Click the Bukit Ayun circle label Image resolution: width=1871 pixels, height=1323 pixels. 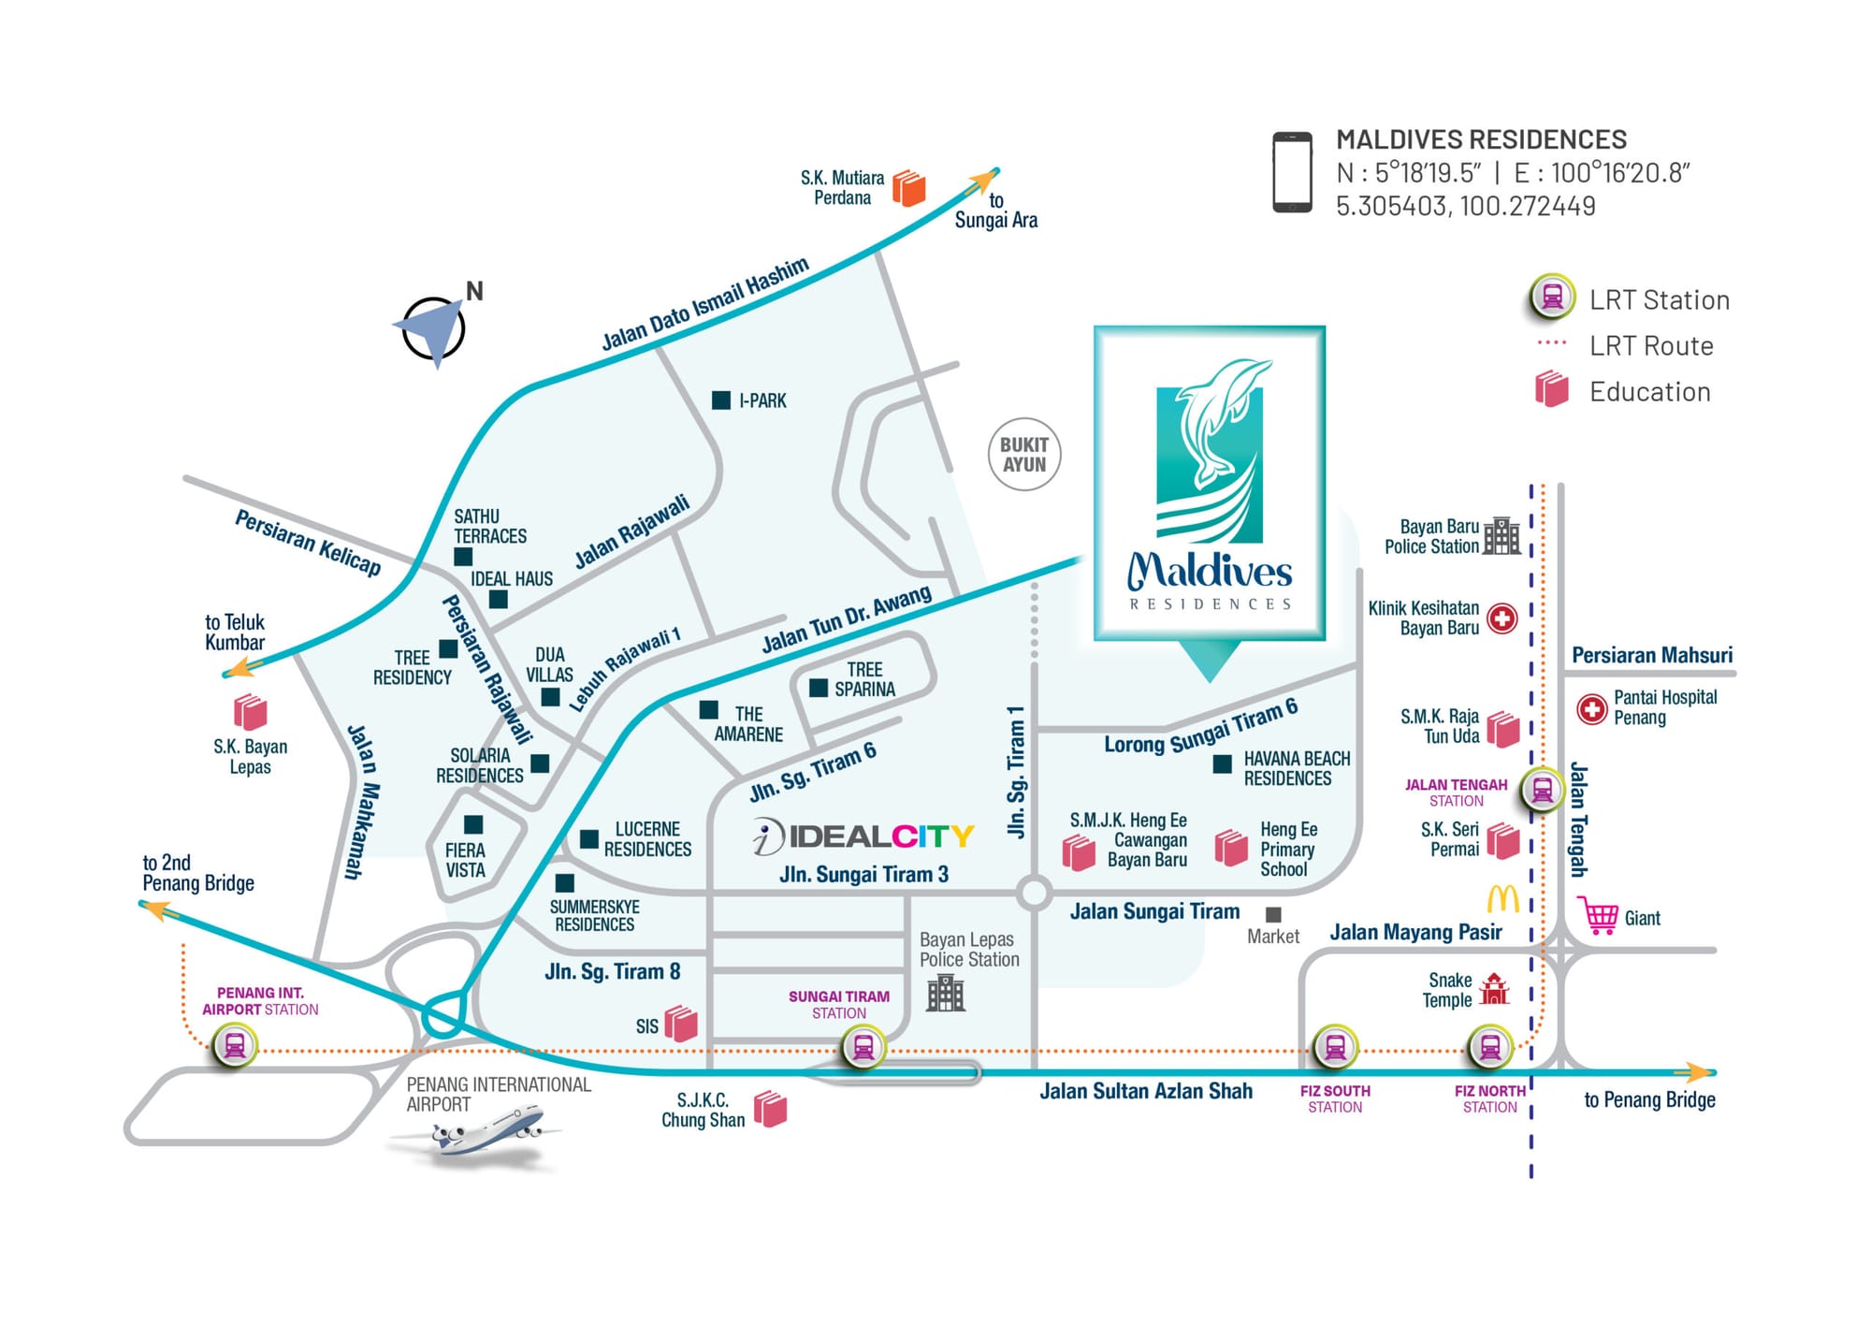pos(1024,455)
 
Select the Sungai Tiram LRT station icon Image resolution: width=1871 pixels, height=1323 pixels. pos(863,1047)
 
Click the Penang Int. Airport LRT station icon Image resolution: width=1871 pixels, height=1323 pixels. pos(235,1045)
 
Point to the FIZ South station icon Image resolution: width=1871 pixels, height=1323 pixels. pos(1335,1047)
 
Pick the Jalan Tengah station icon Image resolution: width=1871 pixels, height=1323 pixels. pos(1543,790)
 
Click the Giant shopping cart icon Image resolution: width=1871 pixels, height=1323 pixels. pos(1598,915)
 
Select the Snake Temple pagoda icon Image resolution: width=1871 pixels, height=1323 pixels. pos(1495,989)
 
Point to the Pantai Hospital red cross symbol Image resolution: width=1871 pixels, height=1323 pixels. pos(1592,709)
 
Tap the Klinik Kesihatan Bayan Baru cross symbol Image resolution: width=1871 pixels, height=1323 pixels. pos(1502,618)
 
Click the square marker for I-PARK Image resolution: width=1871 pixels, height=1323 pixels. pos(721,400)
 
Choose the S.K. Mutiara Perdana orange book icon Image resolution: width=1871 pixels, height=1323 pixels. pos(908,187)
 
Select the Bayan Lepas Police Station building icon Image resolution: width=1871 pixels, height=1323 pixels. pos(946,993)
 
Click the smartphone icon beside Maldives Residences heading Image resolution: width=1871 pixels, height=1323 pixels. pos(1292,172)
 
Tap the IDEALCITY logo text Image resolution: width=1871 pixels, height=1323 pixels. pos(863,836)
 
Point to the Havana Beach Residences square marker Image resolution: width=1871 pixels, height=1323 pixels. pos(1222,764)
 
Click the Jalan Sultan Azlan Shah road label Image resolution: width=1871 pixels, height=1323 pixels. pos(1146,1091)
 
